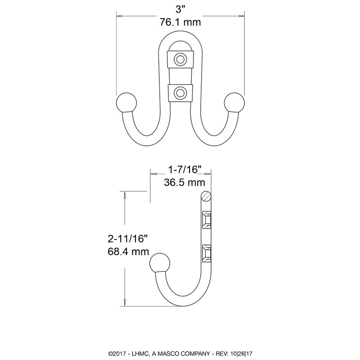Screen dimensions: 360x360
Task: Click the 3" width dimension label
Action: pyautogui.click(x=180, y=9)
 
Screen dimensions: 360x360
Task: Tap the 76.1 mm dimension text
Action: pyautogui.click(x=180, y=22)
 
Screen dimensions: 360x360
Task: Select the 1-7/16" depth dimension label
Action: pyautogui.click(x=184, y=170)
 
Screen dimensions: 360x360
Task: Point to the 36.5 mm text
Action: pyautogui.click(x=184, y=183)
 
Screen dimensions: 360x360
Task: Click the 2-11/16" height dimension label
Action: pyautogui.click(x=127, y=239)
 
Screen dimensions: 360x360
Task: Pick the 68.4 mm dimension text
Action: pyautogui.click(x=128, y=252)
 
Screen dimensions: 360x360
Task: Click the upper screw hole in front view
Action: pyautogui.click(x=180, y=59)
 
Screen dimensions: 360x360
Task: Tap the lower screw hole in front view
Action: pyautogui.click(x=180, y=93)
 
